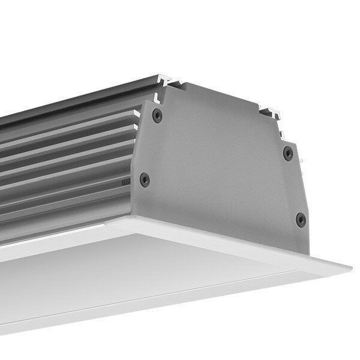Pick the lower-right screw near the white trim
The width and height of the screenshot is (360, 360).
pyautogui.click(x=300, y=219)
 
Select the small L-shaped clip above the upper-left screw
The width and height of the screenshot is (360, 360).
pyautogui.click(x=157, y=96)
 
